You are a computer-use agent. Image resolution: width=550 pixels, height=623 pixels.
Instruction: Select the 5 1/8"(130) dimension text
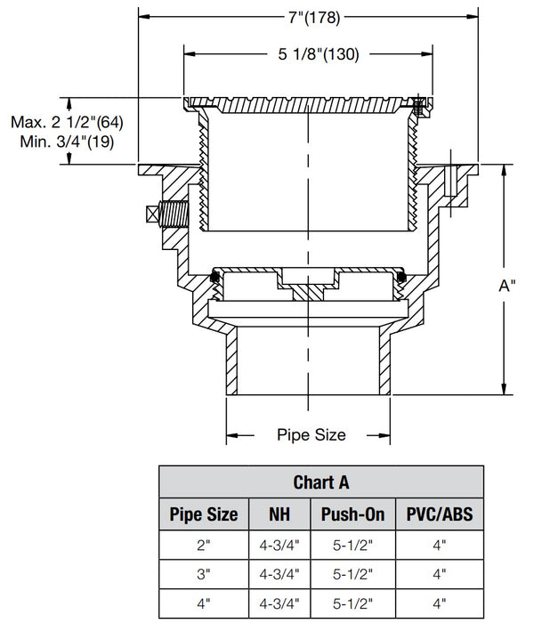311,55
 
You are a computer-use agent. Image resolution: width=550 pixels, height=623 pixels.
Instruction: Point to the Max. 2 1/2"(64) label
61,121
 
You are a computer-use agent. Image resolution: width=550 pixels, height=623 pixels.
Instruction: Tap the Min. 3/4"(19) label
68,142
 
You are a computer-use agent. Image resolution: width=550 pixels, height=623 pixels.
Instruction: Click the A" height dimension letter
507,286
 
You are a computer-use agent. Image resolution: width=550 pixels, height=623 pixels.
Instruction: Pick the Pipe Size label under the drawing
311,435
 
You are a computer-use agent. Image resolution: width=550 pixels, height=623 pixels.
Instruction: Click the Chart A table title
320,482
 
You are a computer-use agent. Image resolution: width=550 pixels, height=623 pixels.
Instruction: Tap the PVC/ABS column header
438,514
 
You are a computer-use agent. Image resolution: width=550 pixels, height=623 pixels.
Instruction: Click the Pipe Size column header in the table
204,514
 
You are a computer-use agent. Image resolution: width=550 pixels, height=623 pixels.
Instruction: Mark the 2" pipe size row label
204,544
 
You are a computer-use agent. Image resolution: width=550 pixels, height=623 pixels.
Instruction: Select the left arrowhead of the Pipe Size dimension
231,435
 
